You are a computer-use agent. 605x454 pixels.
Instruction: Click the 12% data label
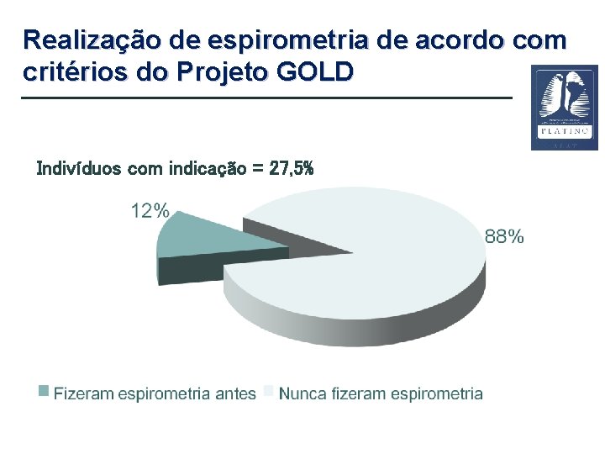point(150,211)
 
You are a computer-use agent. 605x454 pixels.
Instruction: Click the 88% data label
point(504,237)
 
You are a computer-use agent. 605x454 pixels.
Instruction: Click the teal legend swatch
point(44,391)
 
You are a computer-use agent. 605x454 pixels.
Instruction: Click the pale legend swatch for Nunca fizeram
point(269,391)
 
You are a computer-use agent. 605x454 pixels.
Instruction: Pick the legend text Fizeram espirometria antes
point(155,393)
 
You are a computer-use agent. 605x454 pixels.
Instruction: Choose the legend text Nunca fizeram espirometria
point(381,393)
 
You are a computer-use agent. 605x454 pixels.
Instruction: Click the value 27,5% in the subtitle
point(292,169)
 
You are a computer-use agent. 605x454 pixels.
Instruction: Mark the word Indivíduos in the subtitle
point(79,169)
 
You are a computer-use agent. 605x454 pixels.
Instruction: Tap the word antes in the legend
point(235,393)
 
